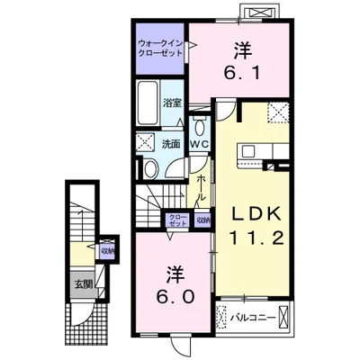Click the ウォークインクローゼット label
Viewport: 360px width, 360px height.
[160, 49]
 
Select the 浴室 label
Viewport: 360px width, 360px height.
[172, 103]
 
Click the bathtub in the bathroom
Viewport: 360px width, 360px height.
[148, 103]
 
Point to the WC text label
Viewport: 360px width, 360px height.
[200, 144]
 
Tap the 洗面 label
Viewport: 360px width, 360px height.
[171, 144]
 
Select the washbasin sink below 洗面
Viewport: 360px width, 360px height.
[150, 168]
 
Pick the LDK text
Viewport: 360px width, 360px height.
[256, 214]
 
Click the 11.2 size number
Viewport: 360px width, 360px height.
[256, 238]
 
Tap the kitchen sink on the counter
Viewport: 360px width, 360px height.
[247, 150]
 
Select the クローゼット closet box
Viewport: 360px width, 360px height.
[177, 220]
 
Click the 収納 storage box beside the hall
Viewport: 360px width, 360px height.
[202, 220]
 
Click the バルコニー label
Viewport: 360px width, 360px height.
[253, 318]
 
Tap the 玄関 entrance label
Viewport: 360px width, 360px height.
[83, 283]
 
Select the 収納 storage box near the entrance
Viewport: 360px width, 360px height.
[107, 250]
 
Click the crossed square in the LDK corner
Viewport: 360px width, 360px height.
[278, 112]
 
